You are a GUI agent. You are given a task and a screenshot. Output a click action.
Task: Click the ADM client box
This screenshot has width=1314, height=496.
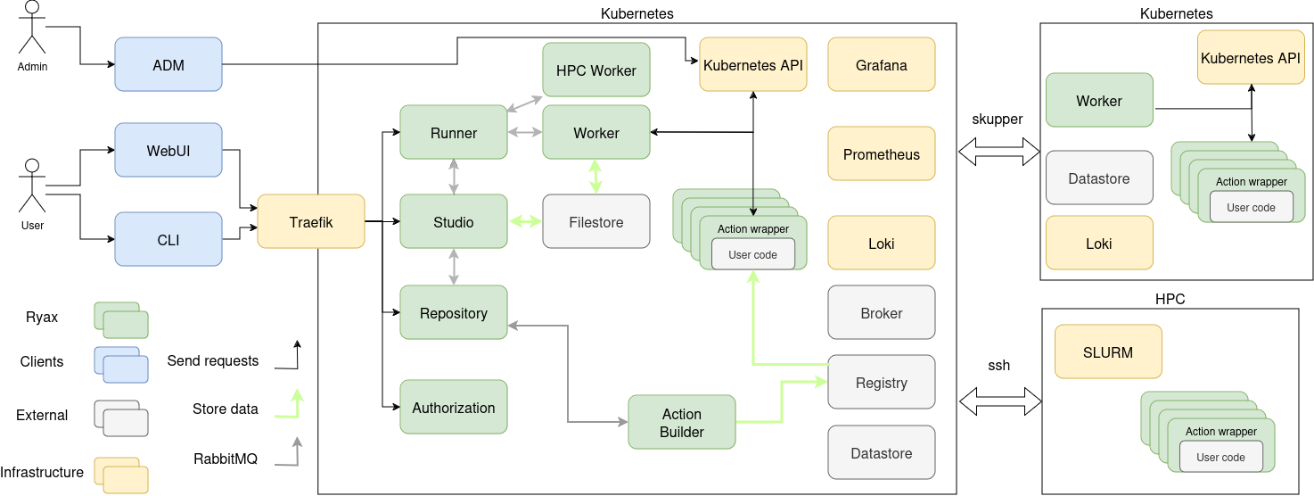pyautogui.click(x=168, y=64)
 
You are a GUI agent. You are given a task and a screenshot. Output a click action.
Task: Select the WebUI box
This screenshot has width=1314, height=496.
pyautogui.click(x=168, y=150)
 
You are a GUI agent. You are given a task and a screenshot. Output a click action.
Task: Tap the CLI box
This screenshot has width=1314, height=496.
pyautogui.click(x=168, y=239)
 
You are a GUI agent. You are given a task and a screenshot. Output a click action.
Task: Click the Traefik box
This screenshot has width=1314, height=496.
pyautogui.click(x=311, y=221)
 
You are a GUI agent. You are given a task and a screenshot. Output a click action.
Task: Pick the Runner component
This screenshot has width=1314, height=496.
pyautogui.click(x=454, y=133)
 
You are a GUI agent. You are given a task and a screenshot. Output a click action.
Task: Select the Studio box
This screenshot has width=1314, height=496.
pyautogui.click(x=454, y=221)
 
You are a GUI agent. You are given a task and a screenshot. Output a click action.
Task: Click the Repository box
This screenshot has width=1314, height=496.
pyautogui.click(x=454, y=313)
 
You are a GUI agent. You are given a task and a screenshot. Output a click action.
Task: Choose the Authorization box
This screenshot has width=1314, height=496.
pyautogui.click(x=454, y=408)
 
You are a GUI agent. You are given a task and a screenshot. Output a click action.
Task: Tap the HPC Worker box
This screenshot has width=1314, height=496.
pyautogui.click(x=596, y=70)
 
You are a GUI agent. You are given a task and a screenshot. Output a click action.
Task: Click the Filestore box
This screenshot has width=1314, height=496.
pyautogui.click(x=596, y=221)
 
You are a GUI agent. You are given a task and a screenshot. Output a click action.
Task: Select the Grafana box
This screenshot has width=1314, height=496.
pyautogui.click(x=882, y=64)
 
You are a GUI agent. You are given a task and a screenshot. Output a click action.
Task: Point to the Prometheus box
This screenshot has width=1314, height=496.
pyautogui.click(x=882, y=153)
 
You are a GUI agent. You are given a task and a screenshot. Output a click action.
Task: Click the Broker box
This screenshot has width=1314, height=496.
pyautogui.click(x=882, y=313)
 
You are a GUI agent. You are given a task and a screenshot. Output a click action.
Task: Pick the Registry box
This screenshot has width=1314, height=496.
pyautogui.click(x=882, y=383)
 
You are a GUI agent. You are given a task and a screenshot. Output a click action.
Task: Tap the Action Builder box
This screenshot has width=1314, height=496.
pyautogui.click(x=682, y=423)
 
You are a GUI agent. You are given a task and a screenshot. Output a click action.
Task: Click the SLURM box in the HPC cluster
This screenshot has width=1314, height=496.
pyautogui.click(x=1108, y=351)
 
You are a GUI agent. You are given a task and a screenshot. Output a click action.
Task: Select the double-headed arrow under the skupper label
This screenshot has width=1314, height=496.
pyautogui.click(x=999, y=153)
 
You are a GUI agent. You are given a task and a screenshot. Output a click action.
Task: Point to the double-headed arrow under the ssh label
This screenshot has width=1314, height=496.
pyautogui.click(x=999, y=401)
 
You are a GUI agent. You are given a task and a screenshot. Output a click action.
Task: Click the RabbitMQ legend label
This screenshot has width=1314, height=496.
pyautogui.click(x=226, y=459)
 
